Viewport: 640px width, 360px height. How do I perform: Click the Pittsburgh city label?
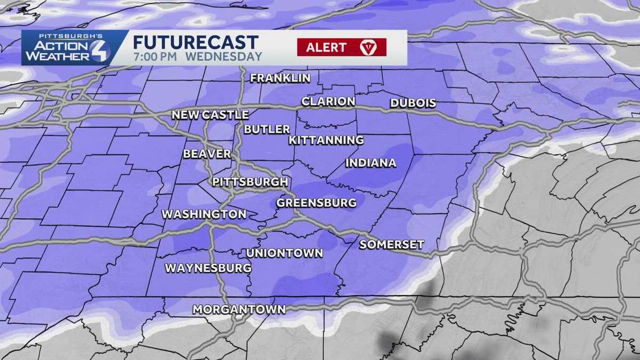click(x=250, y=182)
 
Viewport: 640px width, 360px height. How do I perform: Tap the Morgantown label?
click(x=239, y=309)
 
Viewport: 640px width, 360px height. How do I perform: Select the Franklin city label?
click(x=281, y=78)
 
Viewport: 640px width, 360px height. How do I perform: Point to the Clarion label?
click(x=329, y=101)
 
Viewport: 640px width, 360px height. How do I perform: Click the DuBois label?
click(x=413, y=103)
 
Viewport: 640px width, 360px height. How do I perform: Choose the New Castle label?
click(x=210, y=115)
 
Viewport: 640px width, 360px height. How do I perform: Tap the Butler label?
click(x=267, y=129)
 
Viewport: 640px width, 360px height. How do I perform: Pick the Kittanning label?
click(x=326, y=140)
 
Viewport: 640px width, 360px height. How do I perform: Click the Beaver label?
click(x=207, y=154)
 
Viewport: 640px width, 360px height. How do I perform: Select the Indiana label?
click(x=371, y=163)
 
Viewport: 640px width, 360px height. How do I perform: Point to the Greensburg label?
click(x=316, y=203)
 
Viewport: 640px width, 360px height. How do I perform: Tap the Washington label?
click(x=204, y=214)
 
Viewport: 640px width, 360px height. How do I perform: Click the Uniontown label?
click(x=284, y=253)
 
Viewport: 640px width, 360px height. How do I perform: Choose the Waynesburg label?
click(x=208, y=268)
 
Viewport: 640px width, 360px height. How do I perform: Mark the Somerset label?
click(x=391, y=245)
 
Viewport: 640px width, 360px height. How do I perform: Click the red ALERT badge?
click(x=341, y=47)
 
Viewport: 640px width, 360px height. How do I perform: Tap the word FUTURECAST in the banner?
click(x=196, y=42)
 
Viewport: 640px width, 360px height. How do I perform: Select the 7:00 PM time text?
click(x=156, y=57)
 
